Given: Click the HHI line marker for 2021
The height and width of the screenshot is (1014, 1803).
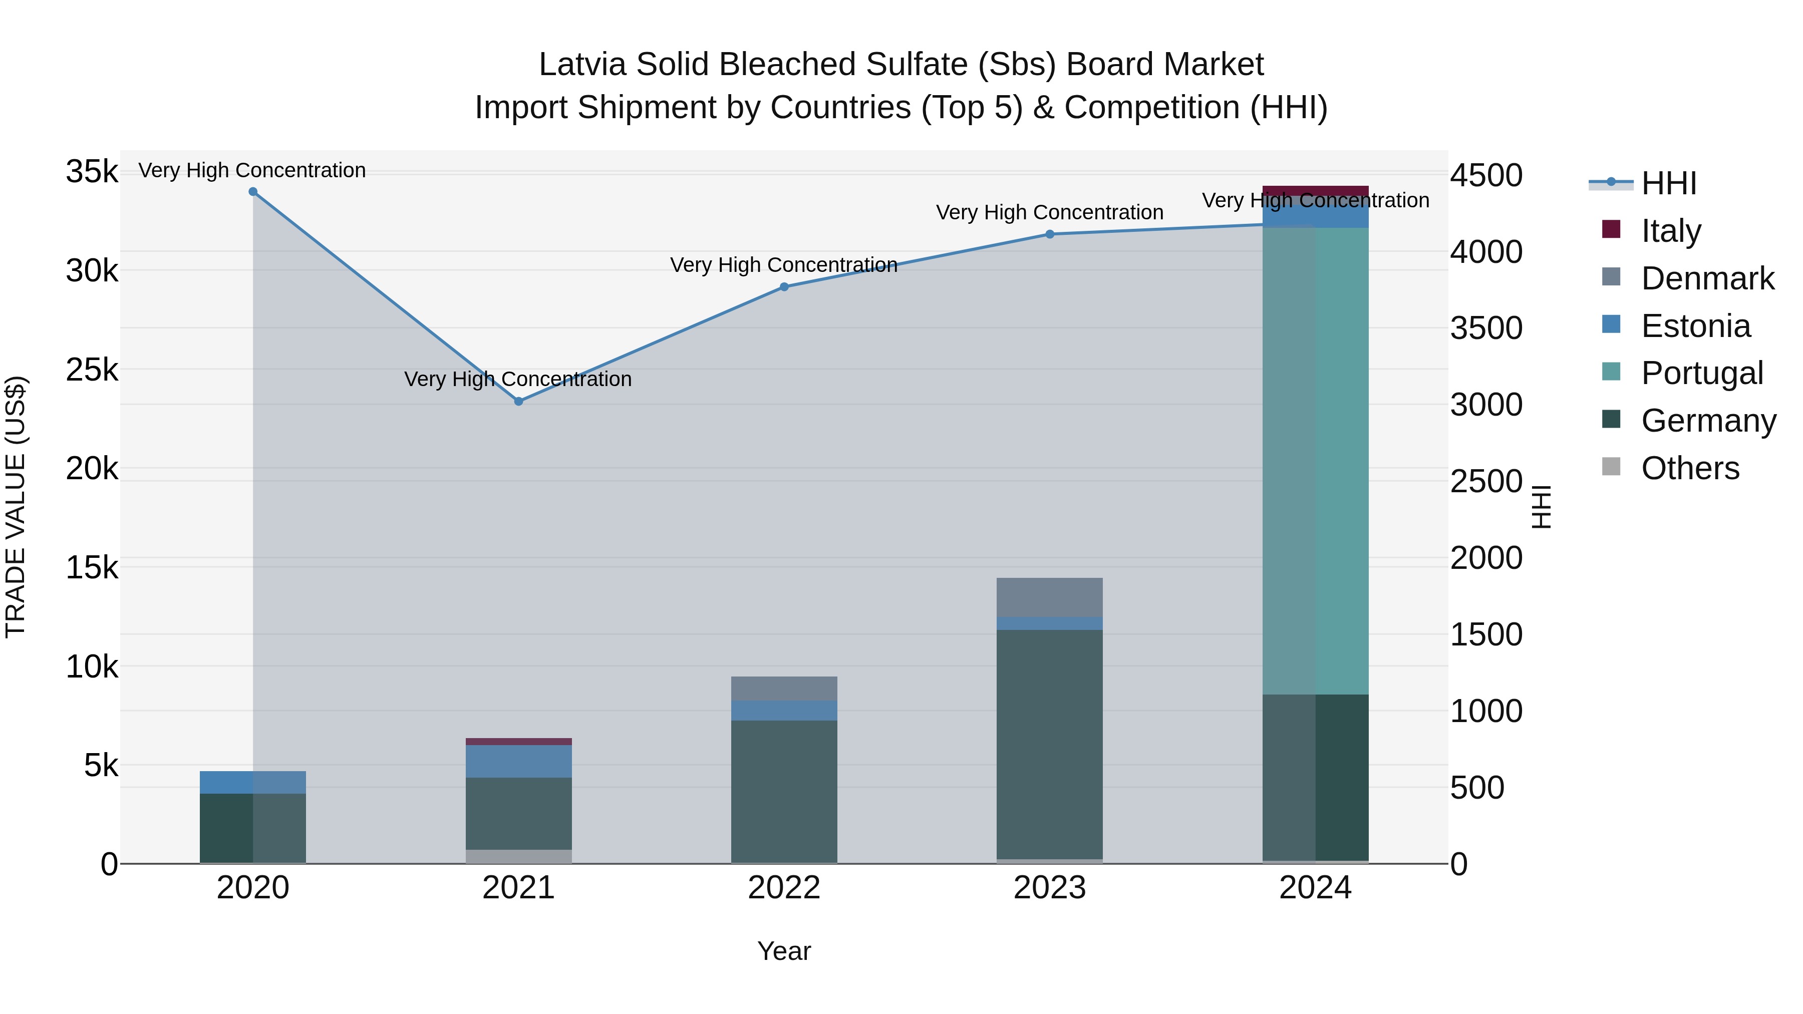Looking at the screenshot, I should (519, 401).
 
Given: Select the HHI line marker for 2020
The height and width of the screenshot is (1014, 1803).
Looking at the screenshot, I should (253, 192).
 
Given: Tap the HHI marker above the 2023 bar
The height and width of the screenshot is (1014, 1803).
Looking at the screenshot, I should (1049, 234).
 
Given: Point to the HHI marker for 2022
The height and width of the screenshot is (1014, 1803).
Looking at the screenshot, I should (784, 287).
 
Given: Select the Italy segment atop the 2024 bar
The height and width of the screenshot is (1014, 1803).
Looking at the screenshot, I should (1315, 191).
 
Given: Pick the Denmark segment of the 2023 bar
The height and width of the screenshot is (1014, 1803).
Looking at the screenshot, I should (1049, 597).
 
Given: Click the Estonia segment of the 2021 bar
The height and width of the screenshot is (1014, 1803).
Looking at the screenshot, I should (519, 761).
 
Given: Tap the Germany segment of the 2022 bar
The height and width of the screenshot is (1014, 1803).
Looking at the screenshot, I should (784, 791).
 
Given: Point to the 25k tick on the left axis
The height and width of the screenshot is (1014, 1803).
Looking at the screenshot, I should (92, 370).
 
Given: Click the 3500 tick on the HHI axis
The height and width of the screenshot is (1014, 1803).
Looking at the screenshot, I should (1485, 328).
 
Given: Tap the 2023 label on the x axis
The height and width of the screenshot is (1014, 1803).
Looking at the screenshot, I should (1049, 888).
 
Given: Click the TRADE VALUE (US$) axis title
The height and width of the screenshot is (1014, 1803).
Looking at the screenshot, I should (16, 507).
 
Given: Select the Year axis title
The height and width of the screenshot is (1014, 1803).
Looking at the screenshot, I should (784, 951).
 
